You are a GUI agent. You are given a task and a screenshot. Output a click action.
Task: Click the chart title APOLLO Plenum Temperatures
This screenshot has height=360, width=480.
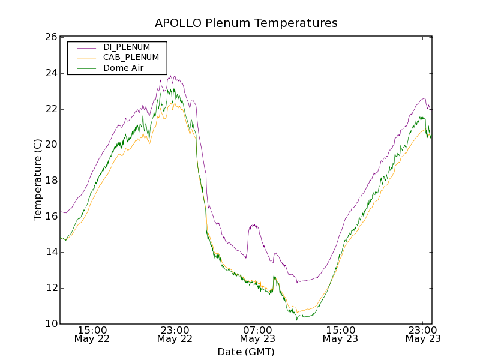tap(246, 23)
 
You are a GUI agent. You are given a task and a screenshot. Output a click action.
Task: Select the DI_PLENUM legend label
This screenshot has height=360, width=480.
tap(127, 47)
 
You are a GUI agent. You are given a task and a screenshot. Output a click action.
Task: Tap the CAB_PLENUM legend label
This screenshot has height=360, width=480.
tap(131, 58)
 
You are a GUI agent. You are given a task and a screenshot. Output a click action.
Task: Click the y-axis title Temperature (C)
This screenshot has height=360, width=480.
tap(38, 179)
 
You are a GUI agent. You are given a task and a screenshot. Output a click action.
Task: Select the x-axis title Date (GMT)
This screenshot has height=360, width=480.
tap(246, 352)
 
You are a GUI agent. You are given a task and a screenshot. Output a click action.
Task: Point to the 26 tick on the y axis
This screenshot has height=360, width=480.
tap(50, 37)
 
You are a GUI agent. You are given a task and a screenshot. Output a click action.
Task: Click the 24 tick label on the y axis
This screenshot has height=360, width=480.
tap(50, 73)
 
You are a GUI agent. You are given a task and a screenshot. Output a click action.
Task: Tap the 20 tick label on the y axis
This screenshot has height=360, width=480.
tap(50, 145)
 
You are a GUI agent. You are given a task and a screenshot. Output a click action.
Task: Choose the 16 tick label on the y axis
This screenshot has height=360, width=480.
tap(50, 216)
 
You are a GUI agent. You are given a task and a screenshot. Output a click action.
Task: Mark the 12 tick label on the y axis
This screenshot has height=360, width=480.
tap(50, 288)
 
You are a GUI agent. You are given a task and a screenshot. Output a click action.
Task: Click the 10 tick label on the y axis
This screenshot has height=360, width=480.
tap(50, 324)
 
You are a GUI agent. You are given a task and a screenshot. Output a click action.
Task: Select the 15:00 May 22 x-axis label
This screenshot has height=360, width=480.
tap(92, 334)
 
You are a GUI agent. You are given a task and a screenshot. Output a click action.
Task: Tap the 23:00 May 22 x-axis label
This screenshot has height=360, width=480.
tap(175, 334)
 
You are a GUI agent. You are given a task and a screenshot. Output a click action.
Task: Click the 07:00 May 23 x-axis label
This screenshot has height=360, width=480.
tap(257, 334)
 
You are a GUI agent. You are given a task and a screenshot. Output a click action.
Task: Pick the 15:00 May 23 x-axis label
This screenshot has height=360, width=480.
tap(340, 334)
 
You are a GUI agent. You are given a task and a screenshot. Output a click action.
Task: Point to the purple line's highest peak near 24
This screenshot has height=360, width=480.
tap(172, 76)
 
